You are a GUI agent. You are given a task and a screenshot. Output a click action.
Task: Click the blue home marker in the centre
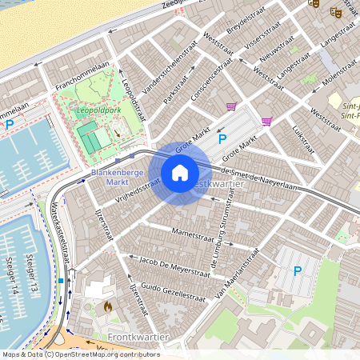tap(180, 173)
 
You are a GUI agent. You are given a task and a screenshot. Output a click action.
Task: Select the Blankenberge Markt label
tap(111, 177)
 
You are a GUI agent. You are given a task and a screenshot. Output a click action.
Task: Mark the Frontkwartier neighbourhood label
tap(137, 337)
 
